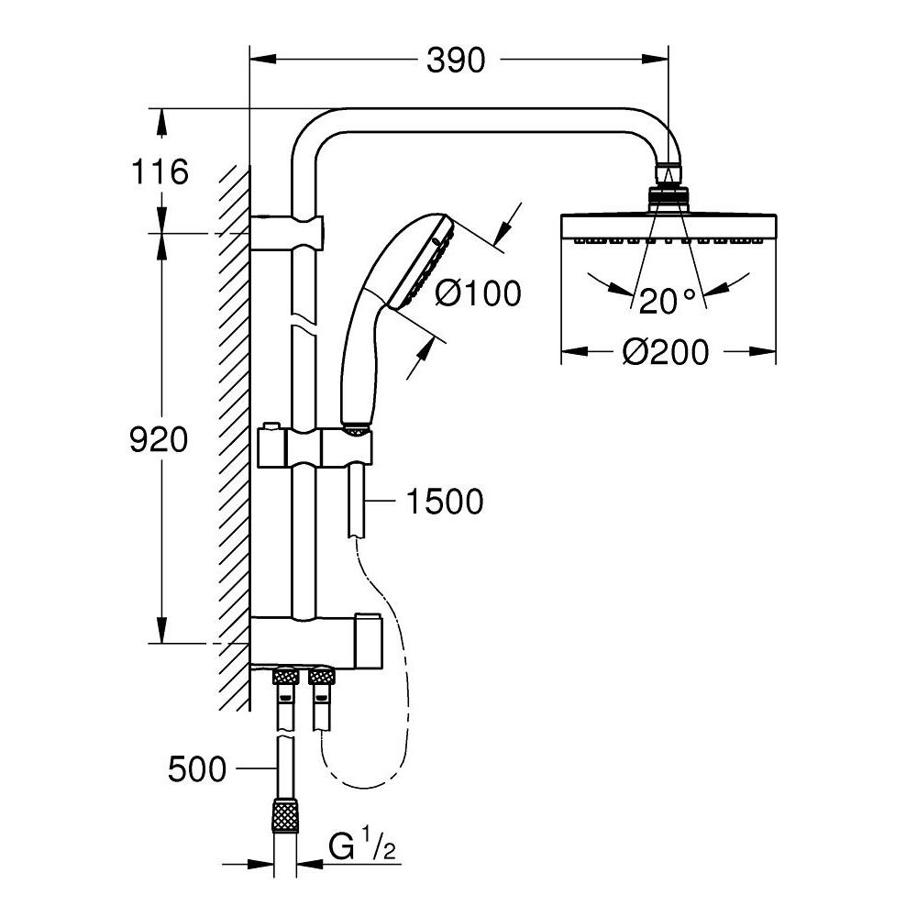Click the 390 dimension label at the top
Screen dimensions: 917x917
(456, 61)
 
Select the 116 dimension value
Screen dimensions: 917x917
(160, 171)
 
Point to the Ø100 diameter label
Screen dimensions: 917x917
(477, 293)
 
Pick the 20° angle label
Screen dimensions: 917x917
(668, 300)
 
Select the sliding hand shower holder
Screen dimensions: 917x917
(316, 447)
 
